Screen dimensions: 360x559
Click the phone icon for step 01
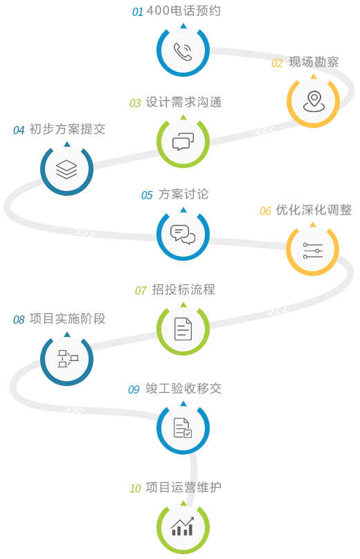click(183, 52)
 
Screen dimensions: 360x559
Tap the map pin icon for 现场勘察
click(314, 102)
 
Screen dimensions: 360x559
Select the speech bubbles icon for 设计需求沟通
click(183, 142)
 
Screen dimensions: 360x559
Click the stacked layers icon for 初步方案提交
click(66, 169)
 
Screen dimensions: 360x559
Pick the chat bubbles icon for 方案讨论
click(183, 235)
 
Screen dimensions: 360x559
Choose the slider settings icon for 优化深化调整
click(313, 250)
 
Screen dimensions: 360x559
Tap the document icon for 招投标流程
click(183, 329)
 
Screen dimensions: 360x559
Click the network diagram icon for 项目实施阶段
click(68, 358)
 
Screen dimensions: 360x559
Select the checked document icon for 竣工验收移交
click(183, 428)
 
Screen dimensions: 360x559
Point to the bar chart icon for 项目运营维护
click(183, 526)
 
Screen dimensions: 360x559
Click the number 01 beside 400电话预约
click(137, 12)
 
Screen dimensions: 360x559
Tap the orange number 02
click(277, 64)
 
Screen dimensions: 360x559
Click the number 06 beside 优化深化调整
click(265, 212)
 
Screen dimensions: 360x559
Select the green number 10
click(135, 488)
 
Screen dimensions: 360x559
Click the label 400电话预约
click(183, 10)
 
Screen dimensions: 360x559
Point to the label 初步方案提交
click(67, 129)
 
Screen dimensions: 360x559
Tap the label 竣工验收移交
click(183, 388)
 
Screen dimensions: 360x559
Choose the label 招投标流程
click(183, 289)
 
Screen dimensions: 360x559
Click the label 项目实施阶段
click(67, 319)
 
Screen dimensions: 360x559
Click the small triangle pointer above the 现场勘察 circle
click(313, 76)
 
